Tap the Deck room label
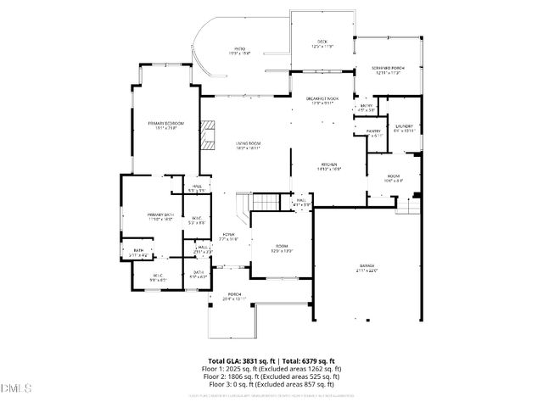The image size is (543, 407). tap(322, 43)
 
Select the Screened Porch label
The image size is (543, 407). tap(388, 70)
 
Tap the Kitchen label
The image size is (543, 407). tap(329, 167)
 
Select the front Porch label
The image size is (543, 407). tap(234, 297)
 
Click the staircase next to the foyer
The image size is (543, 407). tap(266, 203)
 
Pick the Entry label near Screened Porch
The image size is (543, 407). tap(367, 108)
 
